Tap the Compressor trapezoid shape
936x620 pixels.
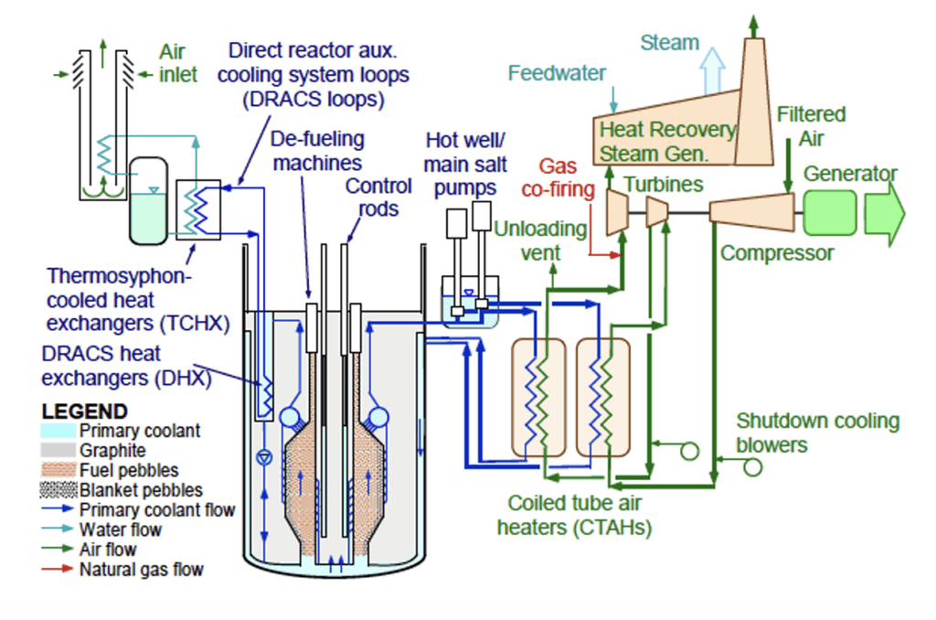[752, 212]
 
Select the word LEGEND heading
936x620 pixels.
[85, 412]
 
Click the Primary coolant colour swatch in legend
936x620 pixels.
[58, 431]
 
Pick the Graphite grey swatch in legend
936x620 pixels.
[58, 451]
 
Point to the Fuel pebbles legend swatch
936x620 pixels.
[58, 470]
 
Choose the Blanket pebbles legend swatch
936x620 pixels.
[58, 490]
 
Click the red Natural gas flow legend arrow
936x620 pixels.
[58, 570]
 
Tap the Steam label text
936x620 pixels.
[669, 42]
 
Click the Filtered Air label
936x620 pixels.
[811, 124]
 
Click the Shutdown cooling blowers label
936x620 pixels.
[818, 433]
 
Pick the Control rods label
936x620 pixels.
[378, 197]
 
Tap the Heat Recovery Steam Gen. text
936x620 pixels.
[666, 139]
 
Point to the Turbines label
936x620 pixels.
[664, 185]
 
